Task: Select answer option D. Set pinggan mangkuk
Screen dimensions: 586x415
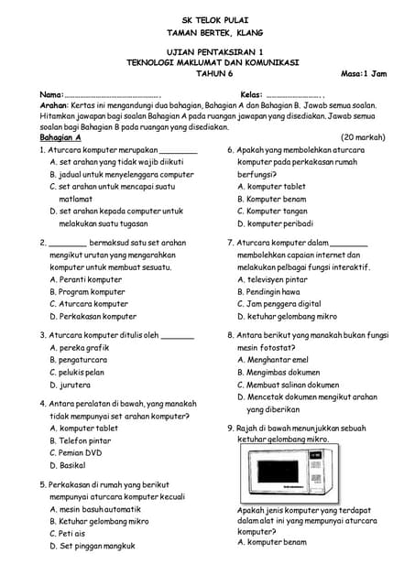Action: point(93,546)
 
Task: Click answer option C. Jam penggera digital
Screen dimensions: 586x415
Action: point(278,303)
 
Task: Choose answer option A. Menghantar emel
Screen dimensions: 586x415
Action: point(273,360)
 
